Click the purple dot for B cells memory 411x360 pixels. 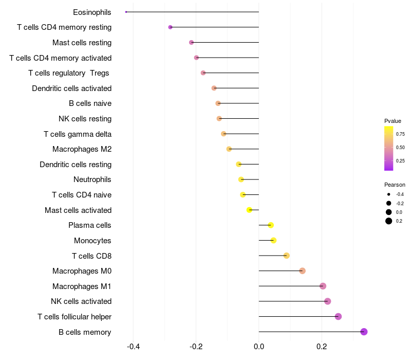pyautogui.click(x=364, y=332)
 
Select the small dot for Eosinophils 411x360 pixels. pyautogui.click(x=126, y=12)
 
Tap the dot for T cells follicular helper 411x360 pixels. pyautogui.click(x=338, y=316)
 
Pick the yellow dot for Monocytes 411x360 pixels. pyautogui.click(x=273, y=241)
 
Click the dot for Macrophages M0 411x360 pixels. pyautogui.click(x=302, y=271)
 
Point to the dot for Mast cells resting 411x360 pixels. pyautogui.click(x=192, y=42)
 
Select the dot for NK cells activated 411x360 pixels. pyautogui.click(x=328, y=301)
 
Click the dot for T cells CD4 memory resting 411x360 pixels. pyautogui.click(x=170, y=27)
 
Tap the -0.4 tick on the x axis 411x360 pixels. pyautogui.click(x=133, y=346)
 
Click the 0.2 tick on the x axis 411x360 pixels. pyautogui.click(x=322, y=346)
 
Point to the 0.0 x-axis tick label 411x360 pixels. pyautogui.click(x=259, y=346)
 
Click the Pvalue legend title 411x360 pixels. pyautogui.click(x=393, y=121)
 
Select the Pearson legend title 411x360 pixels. pyautogui.click(x=395, y=185)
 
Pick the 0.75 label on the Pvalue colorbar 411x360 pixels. pyautogui.click(x=400, y=134)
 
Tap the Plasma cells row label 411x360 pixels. pyautogui.click(x=90, y=225)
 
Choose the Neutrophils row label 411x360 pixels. pyautogui.click(x=92, y=179)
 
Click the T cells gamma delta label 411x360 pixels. pyautogui.click(x=78, y=134)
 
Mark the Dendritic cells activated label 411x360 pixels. pyautogui.click(x=72, y=88)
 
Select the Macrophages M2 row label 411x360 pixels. pyautogui.click(x=82, y=149)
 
